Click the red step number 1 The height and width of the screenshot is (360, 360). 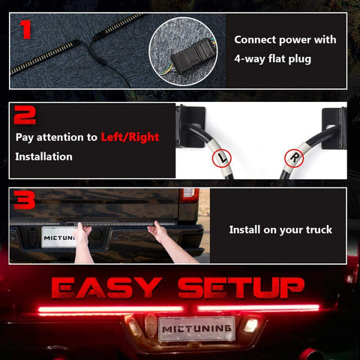point(25,29)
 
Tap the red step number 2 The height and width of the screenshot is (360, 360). point(25,115)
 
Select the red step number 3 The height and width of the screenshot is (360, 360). point(24,199)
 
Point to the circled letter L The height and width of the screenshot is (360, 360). point(222,158)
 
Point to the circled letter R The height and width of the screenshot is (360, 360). point(294,158)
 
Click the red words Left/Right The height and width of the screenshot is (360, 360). point(130,137)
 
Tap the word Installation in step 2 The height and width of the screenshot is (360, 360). point(43,157)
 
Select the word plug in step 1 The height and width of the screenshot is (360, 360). point(300,59)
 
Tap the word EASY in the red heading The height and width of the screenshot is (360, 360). point(106,287)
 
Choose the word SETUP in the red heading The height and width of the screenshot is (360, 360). point(241,287)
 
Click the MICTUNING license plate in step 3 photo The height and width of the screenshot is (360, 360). point(59,237)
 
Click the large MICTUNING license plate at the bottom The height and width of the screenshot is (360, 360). point(196,328)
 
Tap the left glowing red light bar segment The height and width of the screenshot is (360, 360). point(111,309)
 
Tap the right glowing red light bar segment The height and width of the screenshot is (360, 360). point(259,307)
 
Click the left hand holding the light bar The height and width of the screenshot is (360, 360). point(83,242)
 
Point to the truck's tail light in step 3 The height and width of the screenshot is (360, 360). point(189,195)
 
